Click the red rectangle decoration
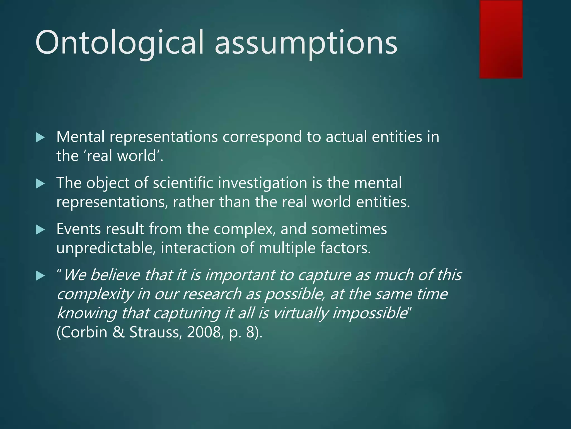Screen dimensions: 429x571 [501, 39]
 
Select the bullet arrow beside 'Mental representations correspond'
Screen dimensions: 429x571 [40, 137]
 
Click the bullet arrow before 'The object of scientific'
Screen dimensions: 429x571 [40, 183]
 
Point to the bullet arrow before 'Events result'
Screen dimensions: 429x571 [40, 230]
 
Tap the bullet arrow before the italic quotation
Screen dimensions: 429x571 [40, 276]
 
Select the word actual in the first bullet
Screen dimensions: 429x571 [346, 137]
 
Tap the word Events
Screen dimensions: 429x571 [78, 229]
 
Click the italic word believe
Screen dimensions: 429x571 [115, 275]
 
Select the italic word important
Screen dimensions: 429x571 [240, 275]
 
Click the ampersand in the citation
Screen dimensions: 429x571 [118, 332]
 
